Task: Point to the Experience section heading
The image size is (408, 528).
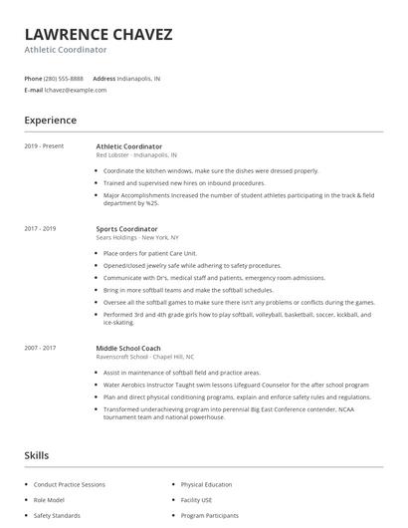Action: click(50, 121)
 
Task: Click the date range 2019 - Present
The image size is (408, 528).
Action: click(43, 146)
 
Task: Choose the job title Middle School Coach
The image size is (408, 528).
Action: click(128, 349)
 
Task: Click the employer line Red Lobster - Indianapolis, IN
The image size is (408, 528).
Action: click(137, 155)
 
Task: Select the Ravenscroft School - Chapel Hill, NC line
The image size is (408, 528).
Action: click(144, 357)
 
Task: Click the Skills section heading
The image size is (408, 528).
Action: click(36, 455)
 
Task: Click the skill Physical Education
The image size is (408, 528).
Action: click(205, 485)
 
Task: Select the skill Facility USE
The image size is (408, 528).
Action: click(196, 500)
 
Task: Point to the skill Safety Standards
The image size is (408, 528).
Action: click(57, 516)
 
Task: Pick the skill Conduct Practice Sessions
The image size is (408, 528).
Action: click(68, 485)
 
